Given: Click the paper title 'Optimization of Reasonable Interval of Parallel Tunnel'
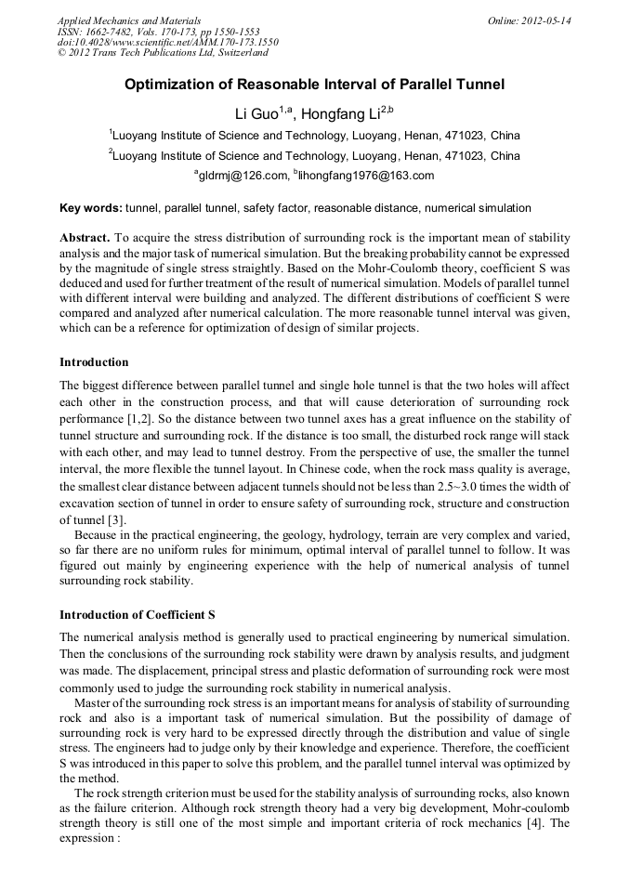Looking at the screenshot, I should (x=314, y=85).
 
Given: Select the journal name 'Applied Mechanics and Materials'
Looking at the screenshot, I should (x=128, y=20).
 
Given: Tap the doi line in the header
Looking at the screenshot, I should (x=167, y=43).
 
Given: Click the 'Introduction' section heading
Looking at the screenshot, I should (x=94, y=361).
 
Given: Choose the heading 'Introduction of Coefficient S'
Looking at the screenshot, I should (x=138, y=615).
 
